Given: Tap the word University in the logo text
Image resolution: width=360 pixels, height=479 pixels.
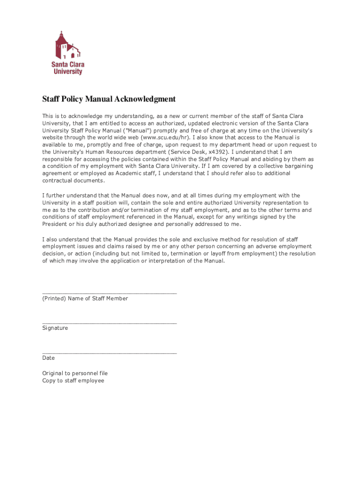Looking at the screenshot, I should click(68, 72).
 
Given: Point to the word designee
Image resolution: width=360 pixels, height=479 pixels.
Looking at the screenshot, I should click(140, 224).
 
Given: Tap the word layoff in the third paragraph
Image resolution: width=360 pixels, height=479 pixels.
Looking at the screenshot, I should click(234, 254).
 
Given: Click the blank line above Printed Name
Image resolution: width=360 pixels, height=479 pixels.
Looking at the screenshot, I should click(109, 292).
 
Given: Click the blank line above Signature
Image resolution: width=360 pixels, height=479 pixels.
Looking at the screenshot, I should click(109, 322).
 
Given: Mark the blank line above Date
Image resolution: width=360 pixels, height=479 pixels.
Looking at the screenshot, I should click(109, 352).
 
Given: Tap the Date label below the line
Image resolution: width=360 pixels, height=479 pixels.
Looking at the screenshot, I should click(49, 358).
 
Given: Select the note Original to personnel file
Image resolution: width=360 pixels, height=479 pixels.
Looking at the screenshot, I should click(75, 373).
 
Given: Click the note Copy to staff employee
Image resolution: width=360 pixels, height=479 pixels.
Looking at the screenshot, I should click(73, 381).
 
